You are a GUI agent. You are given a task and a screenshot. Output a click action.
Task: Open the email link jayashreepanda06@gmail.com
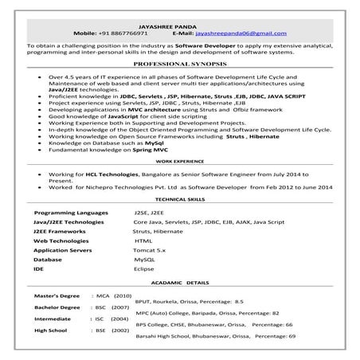point(241,33)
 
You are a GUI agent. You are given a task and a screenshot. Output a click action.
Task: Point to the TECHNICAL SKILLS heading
point(179,198)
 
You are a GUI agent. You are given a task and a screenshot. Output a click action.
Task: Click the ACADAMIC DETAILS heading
point(180,283)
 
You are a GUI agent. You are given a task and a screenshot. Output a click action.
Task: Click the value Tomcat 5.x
point(150,249)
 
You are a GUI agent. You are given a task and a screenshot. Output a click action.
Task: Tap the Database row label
point(48,259)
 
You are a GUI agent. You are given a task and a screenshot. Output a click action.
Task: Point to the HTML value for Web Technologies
point(143,240)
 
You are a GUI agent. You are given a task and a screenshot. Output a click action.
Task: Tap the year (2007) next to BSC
point(120,307)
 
